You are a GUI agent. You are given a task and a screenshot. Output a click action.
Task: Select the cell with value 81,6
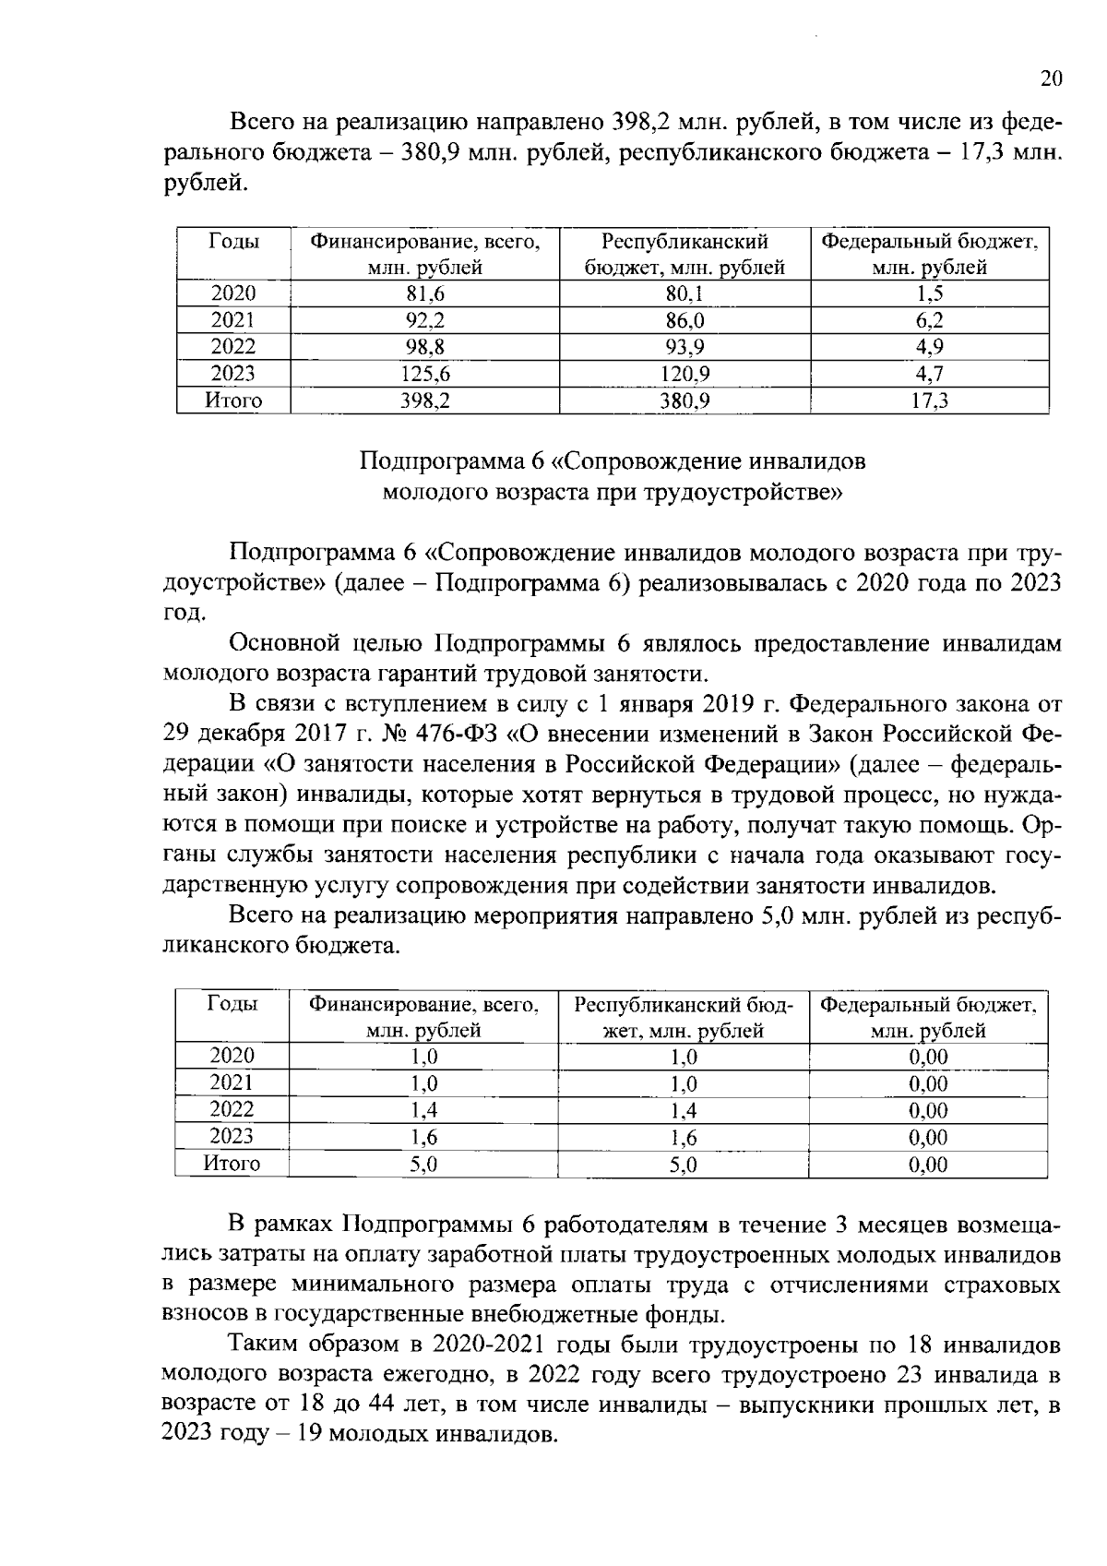click(424, 294)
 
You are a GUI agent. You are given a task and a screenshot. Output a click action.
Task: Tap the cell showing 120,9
click(684, 375)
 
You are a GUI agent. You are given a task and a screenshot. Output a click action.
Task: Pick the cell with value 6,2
click(929, 321)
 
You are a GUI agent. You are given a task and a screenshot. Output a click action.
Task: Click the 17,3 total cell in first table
click(929, 401)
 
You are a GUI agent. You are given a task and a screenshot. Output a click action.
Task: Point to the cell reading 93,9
click(684, 348)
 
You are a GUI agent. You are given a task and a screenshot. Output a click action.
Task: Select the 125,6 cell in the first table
click(424, 375)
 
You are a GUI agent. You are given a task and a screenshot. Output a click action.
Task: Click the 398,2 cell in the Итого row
click(424, 401)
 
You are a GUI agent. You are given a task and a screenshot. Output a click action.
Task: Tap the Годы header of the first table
click(233, 242)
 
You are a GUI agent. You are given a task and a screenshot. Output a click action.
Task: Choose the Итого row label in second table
click(232, 1164)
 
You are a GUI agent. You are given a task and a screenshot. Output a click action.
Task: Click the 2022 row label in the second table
click(232, 1110)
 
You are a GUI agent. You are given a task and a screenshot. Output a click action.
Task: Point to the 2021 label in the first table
click(233, 321)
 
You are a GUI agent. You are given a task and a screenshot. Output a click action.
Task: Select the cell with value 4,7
click(929, 375)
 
